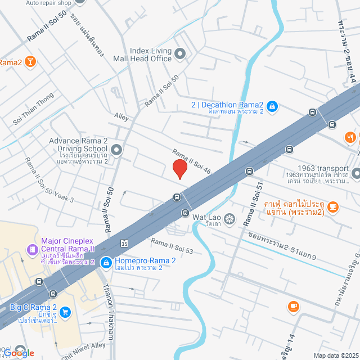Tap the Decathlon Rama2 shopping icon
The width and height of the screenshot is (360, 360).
[271, 105]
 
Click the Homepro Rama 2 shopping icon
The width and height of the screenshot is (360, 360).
[105, 262]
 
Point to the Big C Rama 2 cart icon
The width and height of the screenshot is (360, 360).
[65, 312]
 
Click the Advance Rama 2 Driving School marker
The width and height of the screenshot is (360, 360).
[116, 150]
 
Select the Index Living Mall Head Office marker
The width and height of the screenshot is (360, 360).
[180, 54]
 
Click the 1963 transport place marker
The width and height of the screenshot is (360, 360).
[356, 172]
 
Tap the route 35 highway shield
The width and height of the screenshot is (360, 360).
[123, 242]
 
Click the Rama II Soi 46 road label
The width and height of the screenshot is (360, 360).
[191, 161]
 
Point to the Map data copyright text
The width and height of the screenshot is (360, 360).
[335, 355]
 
